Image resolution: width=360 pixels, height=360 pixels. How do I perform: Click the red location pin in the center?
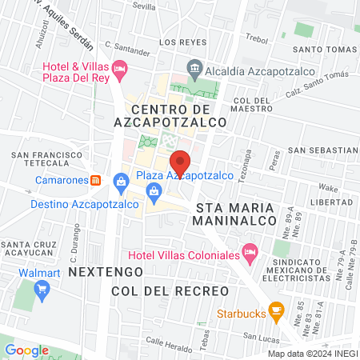pos(181,162)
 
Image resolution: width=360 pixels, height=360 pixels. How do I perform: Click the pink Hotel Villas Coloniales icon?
pos(250,254)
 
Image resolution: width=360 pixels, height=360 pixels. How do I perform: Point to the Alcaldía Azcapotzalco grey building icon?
pos(194,67)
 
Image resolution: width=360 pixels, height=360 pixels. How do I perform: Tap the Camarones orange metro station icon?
pos(95,180)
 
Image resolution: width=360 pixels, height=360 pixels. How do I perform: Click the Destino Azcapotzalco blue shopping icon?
pos(121,181)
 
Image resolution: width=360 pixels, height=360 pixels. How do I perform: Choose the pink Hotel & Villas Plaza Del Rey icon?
pos(119,69)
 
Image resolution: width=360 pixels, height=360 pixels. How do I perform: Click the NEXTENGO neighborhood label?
pos(97,272)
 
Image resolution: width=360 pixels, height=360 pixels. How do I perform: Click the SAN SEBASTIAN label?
pos(323,150)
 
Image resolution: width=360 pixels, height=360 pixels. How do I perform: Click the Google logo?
pos(27,350)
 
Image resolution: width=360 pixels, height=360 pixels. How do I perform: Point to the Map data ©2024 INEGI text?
pos(312,354)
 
